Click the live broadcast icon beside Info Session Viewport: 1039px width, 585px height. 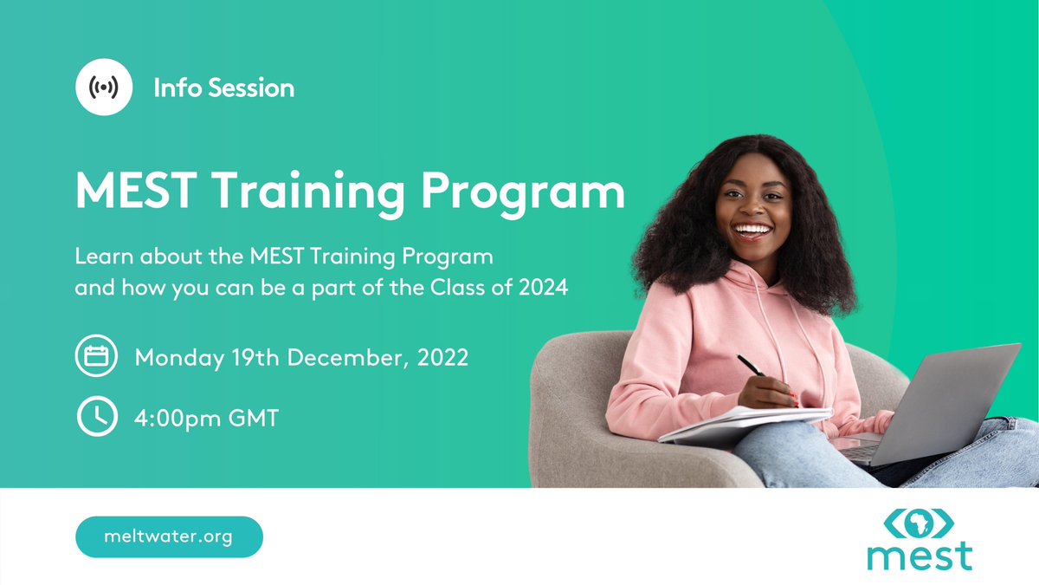104,88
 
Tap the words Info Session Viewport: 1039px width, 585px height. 223,88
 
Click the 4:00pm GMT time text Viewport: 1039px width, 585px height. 207,419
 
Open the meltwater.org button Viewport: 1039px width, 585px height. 169,536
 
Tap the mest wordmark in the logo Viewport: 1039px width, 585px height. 919,556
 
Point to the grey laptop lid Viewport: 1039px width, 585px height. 952,399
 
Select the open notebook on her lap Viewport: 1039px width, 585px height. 745,425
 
